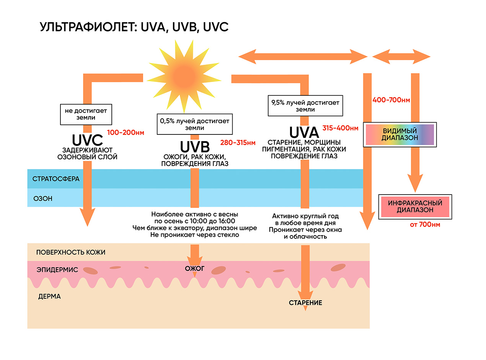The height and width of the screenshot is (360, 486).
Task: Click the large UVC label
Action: click(88, 139)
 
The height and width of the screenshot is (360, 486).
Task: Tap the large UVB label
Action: click(195, 147)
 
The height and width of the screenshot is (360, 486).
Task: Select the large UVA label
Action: click(304, 133)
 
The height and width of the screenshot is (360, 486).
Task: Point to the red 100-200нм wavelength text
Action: click(126, 133)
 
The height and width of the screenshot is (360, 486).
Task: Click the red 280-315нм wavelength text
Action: click(238, 143)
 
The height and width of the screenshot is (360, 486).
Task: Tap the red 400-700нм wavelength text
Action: click(391, 100)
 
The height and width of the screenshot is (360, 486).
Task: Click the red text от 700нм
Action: click(425, 224)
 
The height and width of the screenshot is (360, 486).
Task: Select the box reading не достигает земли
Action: click(86, 114)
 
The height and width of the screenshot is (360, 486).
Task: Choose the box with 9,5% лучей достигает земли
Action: click(305, 106)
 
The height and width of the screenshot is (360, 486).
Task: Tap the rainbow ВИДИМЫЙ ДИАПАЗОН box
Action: click(400, 134)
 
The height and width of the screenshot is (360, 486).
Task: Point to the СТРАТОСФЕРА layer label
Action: click(56, 179)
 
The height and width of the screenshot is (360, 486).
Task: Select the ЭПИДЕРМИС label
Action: click(57, 270)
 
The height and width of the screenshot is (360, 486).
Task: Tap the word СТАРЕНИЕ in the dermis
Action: click(305, 303)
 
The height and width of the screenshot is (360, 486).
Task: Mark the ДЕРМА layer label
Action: click(50, 296)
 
